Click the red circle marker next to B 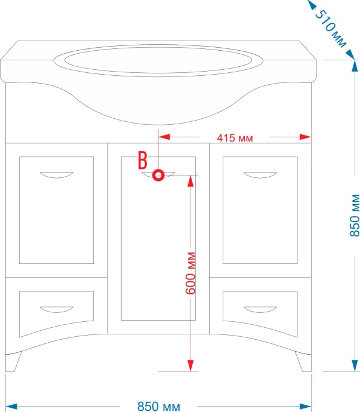[158, 175]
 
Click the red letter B [143, 161]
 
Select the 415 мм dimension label [235, 138]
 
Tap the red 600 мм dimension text [190, 273]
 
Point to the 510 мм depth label [330, 29]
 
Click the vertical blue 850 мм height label [355, 216]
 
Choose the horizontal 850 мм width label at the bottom [159, 406]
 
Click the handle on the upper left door [57, 175]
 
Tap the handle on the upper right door [260, 175]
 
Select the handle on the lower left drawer [57, 309]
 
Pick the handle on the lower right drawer [260, 309]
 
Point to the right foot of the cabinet [304, 362]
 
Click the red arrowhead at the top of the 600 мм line [190, 181]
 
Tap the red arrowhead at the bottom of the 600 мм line [190, 365]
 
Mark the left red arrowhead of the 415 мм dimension [164, 137]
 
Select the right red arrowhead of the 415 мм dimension [305, 137]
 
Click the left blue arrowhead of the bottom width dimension [11, 407]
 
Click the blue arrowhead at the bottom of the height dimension [355, 365]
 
